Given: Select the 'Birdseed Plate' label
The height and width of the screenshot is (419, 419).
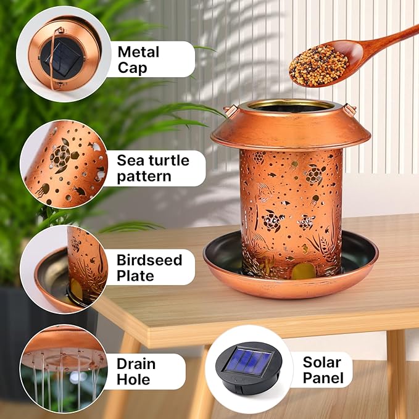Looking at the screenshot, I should point(149,267).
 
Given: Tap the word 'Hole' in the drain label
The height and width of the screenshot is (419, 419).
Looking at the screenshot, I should point(135,380).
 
